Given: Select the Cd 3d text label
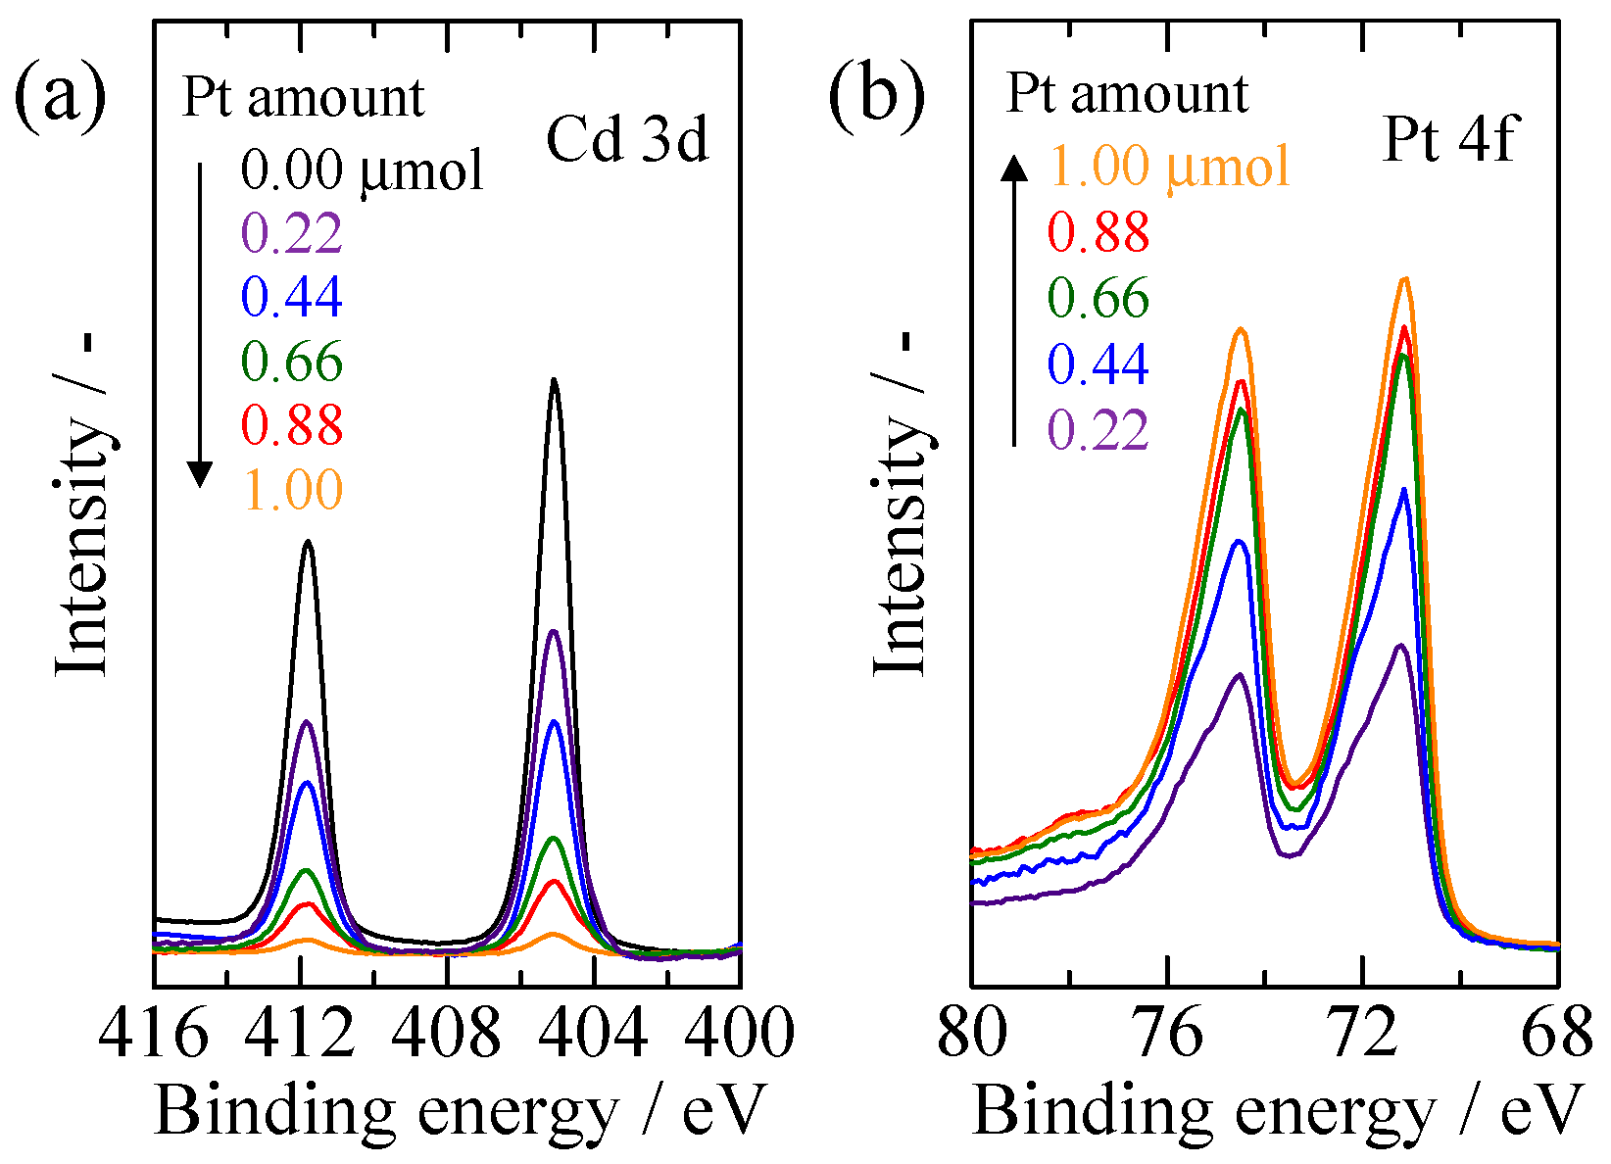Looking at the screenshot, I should [627, 139].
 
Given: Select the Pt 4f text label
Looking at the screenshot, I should [1449, 139].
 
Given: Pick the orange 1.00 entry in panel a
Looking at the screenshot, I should [293, 489].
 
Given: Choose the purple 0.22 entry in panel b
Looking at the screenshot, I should [1098, 429].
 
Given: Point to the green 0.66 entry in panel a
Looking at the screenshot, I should [293, 362].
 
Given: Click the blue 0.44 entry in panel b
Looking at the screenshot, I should [1098, 364].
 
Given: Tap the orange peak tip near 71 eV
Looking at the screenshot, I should [1405, 279].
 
